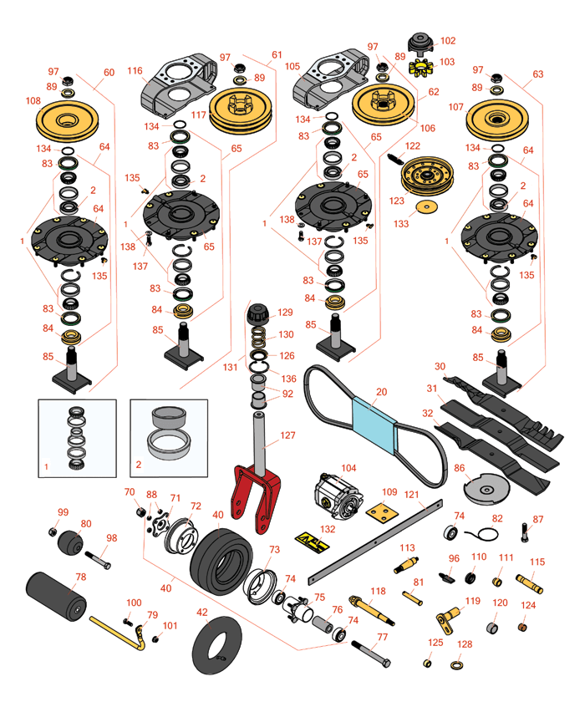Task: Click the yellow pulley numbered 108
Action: point(68,122)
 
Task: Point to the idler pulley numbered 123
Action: point(425,178)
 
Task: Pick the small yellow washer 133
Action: point(428,206)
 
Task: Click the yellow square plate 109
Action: point(382,512)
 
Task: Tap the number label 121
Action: point(410,495)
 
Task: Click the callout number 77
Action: point(383,638)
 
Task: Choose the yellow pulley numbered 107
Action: point(496,122)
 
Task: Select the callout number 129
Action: point(285,312)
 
